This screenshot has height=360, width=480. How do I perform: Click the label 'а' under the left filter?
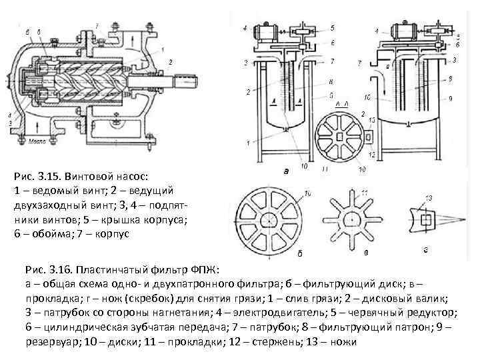point(286,171)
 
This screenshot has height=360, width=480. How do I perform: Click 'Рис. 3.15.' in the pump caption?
point(37,177)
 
